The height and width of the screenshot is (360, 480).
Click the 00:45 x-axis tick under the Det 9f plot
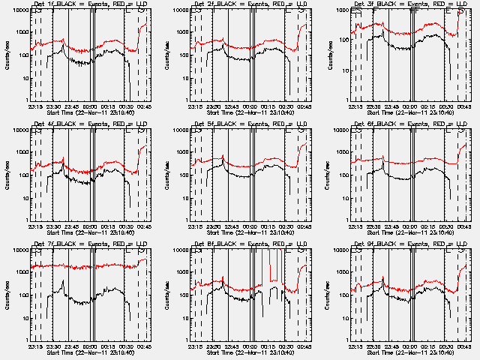pos(463,346)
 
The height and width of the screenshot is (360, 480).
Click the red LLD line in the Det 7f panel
pos(75,266)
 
